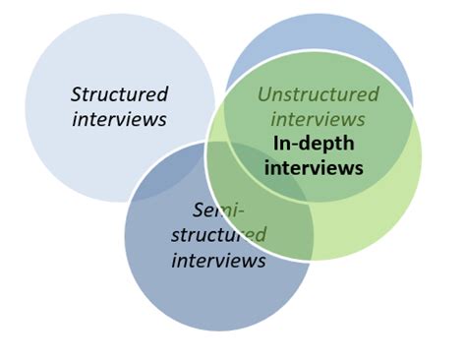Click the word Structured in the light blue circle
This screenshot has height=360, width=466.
(x=119, y=94)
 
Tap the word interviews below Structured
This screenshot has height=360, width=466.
(x=119, y=119)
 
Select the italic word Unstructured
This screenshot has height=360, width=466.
(x=318, y=94)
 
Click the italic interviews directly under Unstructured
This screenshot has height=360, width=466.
(x=318, y=119)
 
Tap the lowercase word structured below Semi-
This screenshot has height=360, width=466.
(x=218, y=235)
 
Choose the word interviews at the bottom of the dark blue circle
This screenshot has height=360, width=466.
(x=218, y=261)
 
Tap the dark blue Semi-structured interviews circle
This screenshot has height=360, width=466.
(x=197, y=295)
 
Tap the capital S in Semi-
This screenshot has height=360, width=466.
(x=198, y=210)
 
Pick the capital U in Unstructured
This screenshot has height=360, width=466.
(x=263, y=94)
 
